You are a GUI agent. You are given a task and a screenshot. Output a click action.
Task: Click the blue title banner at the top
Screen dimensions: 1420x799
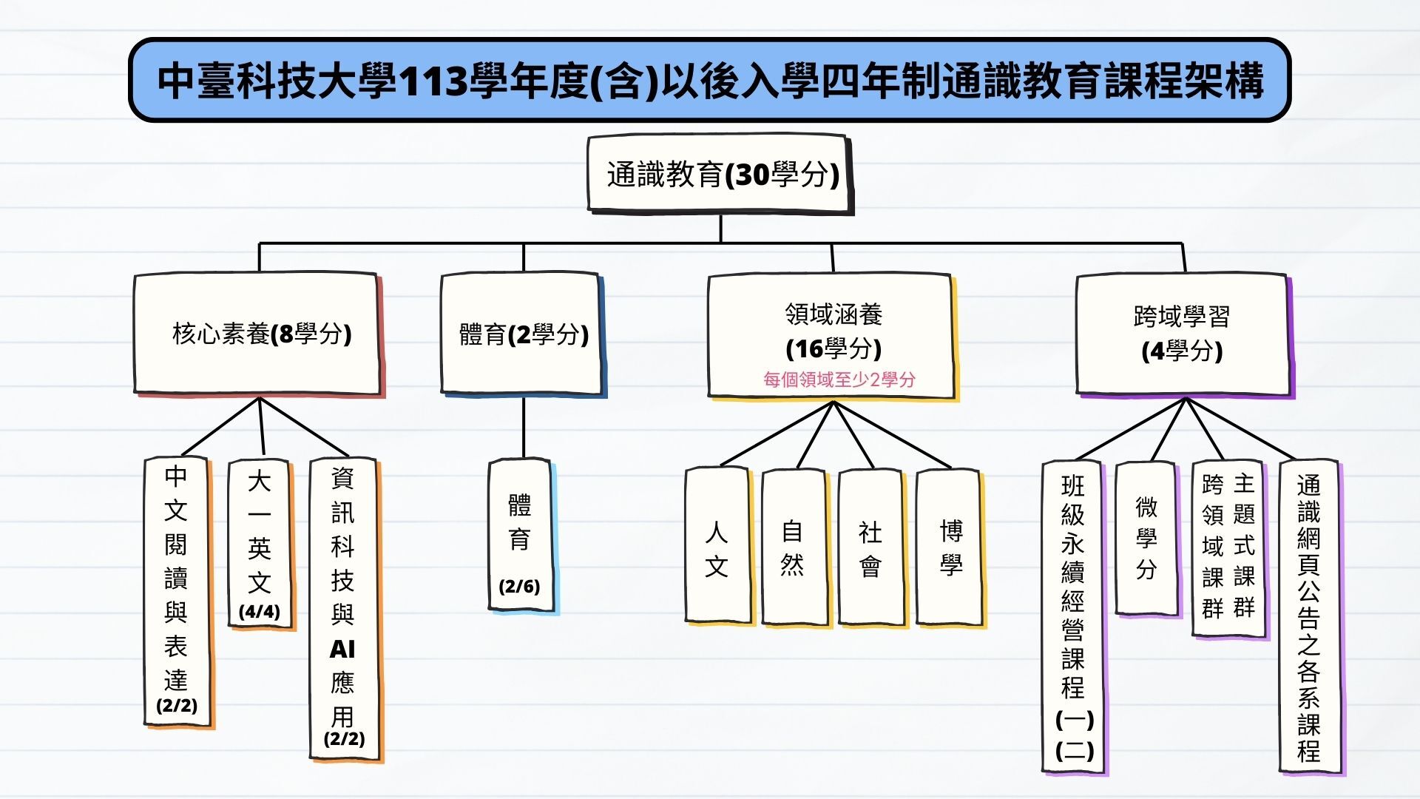coord(709,80)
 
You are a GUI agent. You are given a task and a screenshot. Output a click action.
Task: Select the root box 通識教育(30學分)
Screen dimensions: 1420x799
coord(721,175)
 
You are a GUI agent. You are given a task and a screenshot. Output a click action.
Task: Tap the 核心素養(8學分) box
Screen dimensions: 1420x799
coord(259,334)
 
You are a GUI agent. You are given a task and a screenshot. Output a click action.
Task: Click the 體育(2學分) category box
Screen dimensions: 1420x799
coord(523,334)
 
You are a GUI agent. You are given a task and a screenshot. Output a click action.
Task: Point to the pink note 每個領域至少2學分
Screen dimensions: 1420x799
coord(839,380)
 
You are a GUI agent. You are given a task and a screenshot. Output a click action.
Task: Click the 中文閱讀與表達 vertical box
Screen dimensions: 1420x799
coord(177,592)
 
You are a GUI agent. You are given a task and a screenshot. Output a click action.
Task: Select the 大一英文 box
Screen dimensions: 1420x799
coord(261,545)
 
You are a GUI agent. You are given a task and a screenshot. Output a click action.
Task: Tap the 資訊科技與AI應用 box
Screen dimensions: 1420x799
coord(345,610)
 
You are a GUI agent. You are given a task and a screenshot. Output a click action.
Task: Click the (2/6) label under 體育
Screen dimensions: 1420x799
coord(519,587)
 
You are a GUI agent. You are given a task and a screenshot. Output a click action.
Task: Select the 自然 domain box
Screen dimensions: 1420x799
coord(796,548)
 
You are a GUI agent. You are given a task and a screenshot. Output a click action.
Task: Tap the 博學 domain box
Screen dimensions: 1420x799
coord(950,548)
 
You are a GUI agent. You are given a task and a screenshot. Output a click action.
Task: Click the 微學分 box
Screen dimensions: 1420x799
coord(1147,539)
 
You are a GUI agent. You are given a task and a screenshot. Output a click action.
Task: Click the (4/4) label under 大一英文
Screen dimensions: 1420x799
coord(260,612)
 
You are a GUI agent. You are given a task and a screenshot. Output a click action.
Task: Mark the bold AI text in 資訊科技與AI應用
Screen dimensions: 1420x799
coord(342,649)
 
